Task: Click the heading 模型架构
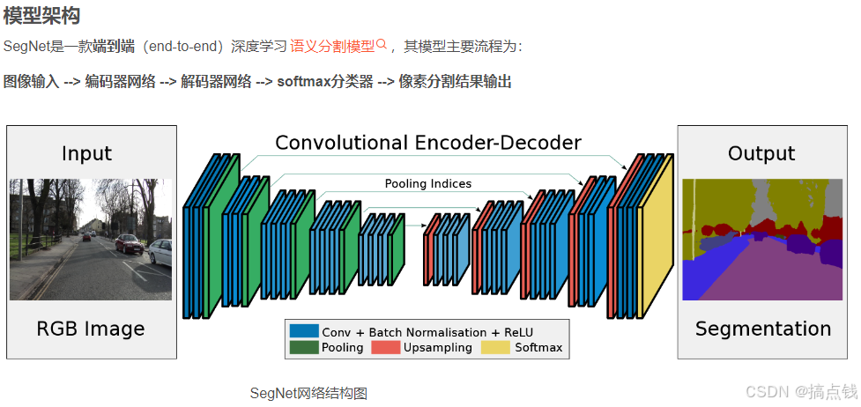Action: tap(41, 16)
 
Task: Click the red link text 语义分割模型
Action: tap(332, 46)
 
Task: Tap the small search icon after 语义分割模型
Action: tap(382, 44)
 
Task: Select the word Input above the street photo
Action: tap(86, 154)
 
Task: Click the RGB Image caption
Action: tap(90, 329)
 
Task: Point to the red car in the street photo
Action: tap(129, 244)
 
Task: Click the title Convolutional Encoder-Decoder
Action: tap(428, 143)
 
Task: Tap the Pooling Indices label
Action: tap(427, 183)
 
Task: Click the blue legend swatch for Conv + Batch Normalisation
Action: tap(303, 331)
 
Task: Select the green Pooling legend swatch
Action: tap(303, 348)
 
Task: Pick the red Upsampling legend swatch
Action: tap(385, 348)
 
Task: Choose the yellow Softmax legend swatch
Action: tap(495, 348)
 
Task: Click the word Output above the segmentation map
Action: tap(761, 154)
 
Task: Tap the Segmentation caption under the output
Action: tap(762, 329)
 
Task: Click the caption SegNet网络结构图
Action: tap(308, 393)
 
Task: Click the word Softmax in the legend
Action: tap(538, 348)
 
